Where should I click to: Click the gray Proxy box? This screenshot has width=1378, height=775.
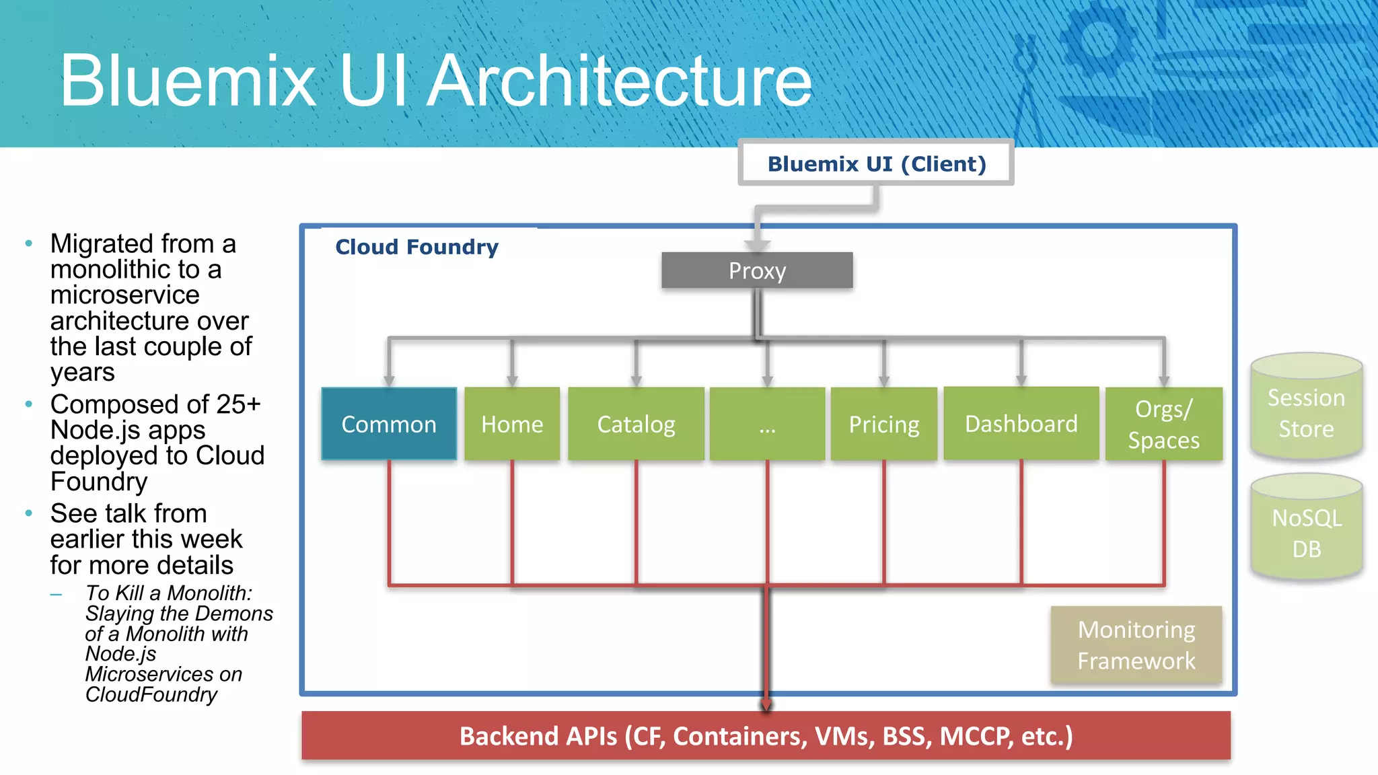[757, 270]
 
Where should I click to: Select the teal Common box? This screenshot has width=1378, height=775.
[389, 424]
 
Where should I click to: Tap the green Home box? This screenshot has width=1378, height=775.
[512, 424]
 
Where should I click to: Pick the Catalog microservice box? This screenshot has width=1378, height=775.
[636, 424]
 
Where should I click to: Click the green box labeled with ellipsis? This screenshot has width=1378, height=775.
[767, 424]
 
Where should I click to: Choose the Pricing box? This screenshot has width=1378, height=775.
[883, 424]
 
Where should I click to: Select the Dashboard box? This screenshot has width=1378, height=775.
[1021, 424]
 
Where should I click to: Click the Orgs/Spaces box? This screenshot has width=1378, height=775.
[1163, 424]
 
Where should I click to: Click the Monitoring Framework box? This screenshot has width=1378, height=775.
[1136, 644]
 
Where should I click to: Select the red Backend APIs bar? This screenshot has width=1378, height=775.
[766, 735]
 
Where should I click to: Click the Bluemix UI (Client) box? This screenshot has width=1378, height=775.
[876, 163]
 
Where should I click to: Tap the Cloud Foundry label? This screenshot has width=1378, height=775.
[416, 247]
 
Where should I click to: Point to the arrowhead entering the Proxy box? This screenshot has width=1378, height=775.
[758, 246]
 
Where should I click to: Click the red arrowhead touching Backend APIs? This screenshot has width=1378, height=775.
[766, 704]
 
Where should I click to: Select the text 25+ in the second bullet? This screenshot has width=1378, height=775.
[238, 404]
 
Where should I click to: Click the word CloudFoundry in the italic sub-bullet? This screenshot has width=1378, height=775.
[151, 694]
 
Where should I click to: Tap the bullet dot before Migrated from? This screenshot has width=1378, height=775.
[29, 244]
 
